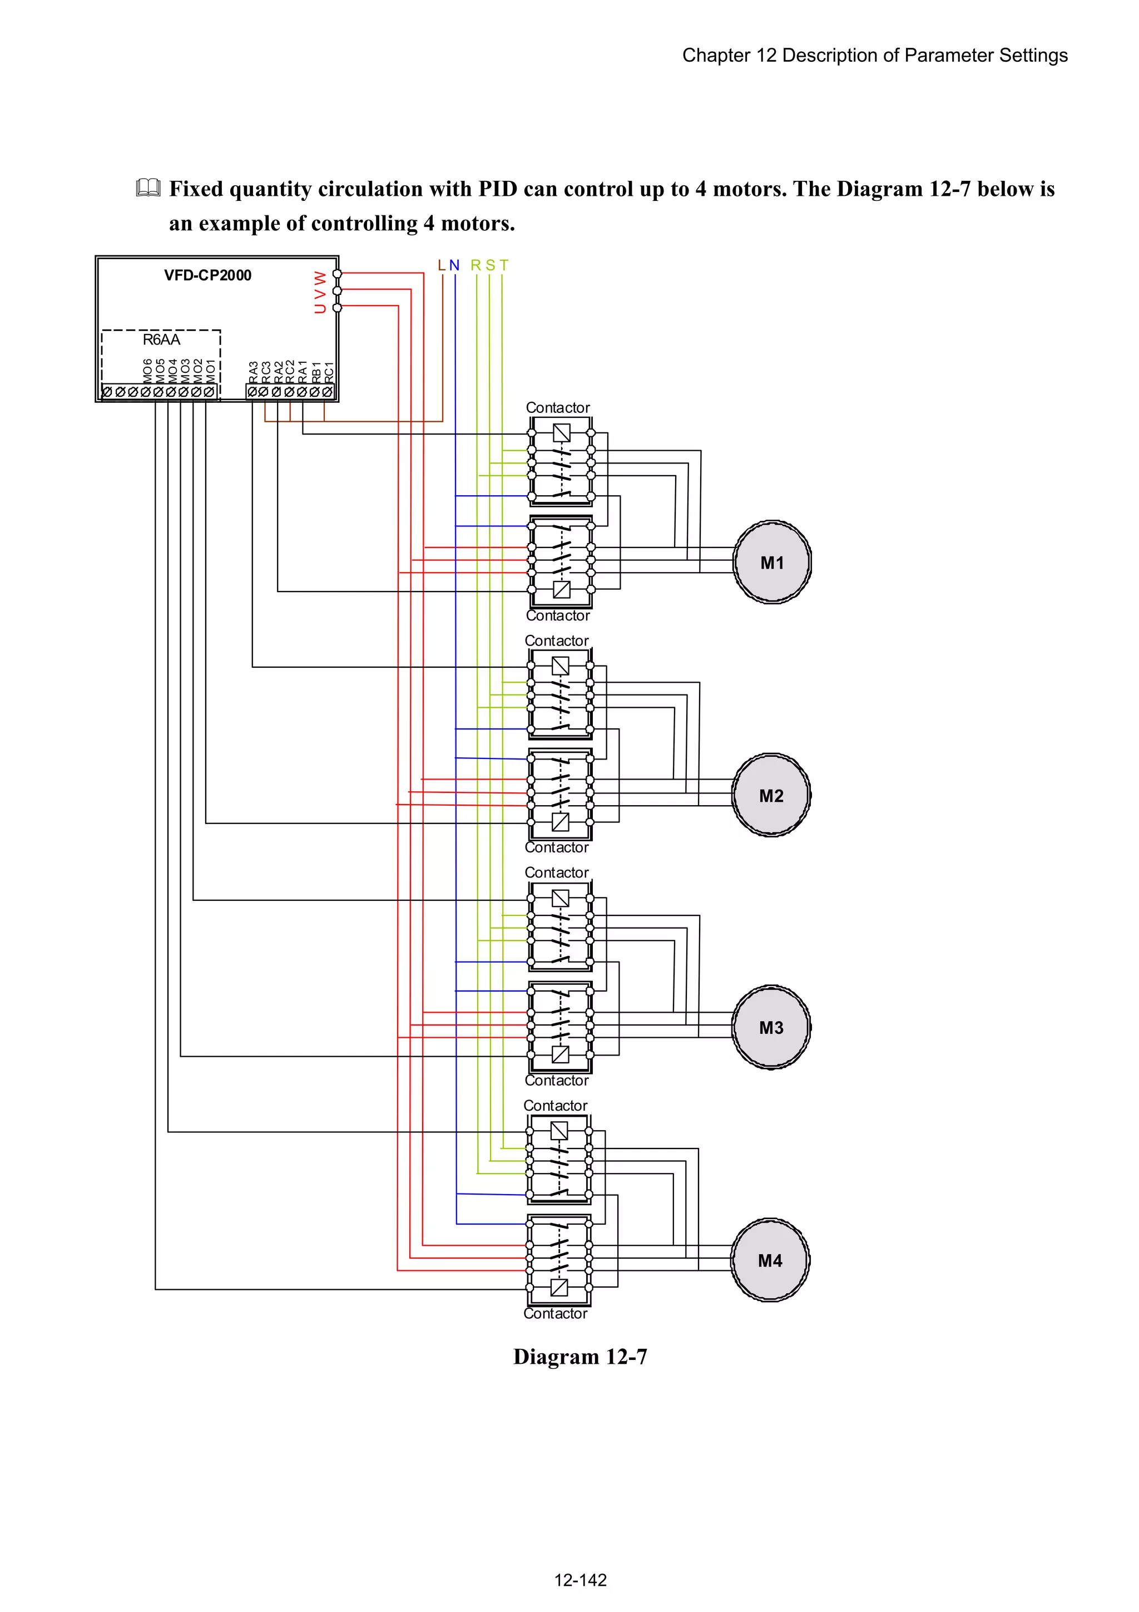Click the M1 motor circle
[x=772, y=563]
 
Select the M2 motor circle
[x=771, y=796]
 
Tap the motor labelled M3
[x=771, y=1027]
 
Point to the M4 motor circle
[x=769, y=1260]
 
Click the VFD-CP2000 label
[x=208, y=275]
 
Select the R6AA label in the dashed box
[x=161, y=340]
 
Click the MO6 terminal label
[x=147, y=371]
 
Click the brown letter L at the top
[x=442, y=265]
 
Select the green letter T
[x=503, y=265]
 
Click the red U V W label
[x=320, y=292]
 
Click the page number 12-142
[x=580, y=1580]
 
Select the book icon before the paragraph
[x=148, y=188]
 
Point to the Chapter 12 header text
[x=874, y=56]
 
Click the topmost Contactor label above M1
[x=557, y=408]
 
